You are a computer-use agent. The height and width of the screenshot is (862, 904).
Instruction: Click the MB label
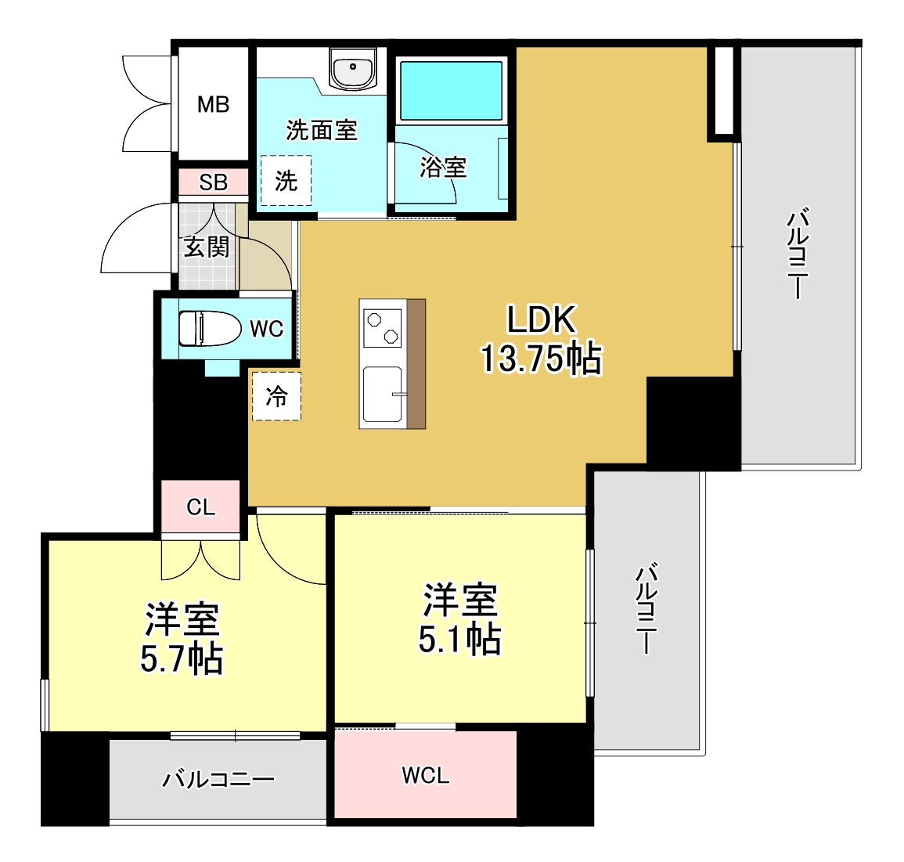(213, 104)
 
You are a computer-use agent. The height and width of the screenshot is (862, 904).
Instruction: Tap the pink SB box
(213, 182)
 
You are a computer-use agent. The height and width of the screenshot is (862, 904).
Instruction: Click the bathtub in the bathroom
(451, 90)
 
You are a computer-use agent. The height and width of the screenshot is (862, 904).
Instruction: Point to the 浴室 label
(443, 167)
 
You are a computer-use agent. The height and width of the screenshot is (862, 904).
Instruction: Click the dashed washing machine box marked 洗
(286, 181)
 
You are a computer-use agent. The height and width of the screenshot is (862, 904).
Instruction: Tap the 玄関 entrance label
(207, 247)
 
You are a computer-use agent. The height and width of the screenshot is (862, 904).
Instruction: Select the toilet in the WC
(209, 329)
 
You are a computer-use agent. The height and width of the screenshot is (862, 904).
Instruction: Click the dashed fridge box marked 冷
(276, 396)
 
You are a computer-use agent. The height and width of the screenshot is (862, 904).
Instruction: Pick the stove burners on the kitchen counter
(383, 328)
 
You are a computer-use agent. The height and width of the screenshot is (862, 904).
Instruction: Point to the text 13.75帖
(540, 359)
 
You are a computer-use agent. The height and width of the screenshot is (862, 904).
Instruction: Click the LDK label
(542, 319)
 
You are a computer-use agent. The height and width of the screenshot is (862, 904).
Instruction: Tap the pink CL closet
(201, 507)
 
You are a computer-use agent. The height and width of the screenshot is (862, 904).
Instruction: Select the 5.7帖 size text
(182, 658)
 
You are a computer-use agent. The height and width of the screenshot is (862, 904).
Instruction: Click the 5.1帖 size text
(459, 639)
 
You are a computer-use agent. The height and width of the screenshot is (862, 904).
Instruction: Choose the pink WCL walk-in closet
(426, 775)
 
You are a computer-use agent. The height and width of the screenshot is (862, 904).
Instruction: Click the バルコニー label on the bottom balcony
(218, 780)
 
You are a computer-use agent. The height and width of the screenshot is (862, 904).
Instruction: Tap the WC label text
(266, 329)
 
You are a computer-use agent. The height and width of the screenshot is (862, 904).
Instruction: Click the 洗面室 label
(322, 130)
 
